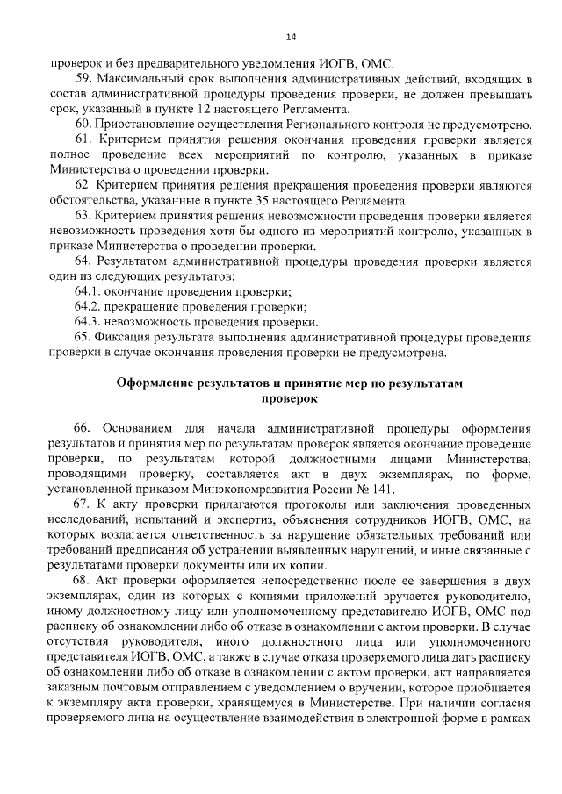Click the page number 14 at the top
tap(291, 36)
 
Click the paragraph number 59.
tap(83, 79)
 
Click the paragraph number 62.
tap(83, 186)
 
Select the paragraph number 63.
tap(83, 216)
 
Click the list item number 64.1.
tap(90, 292)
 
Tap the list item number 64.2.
tap(90, 307)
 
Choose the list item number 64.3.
tap(90, 322)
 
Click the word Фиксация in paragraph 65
tap(124, 338)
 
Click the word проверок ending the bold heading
tap(290, 398)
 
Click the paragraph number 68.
tap(83, 582)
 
